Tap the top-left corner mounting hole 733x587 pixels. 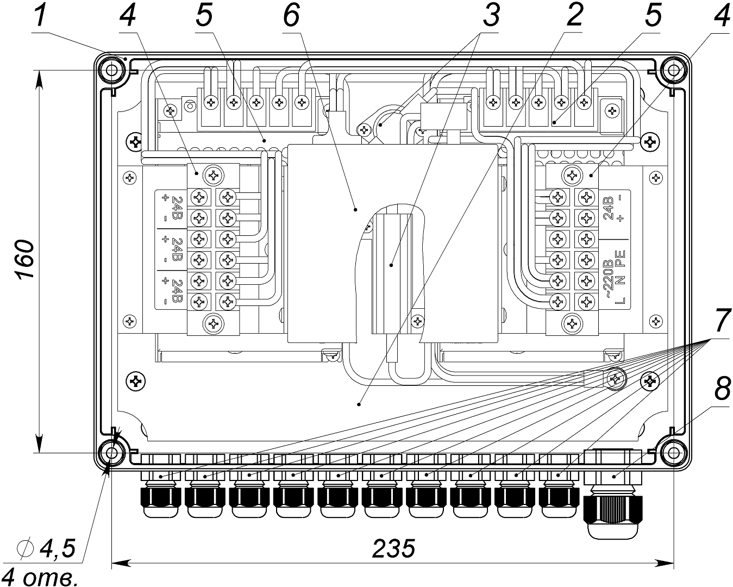(112, 70)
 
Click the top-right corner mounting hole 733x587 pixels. (673, 70)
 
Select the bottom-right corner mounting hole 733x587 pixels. (673, 453)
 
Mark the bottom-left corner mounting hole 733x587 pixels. (112, 453)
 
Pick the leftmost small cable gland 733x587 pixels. (160, 497)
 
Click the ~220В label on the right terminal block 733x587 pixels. (608, 278)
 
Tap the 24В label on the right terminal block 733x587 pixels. (608, 208)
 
